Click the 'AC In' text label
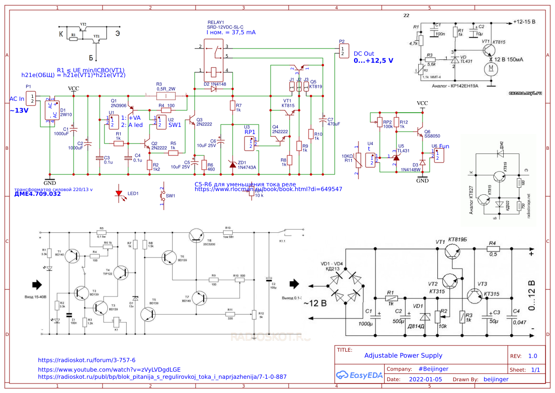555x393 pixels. click(17, 98)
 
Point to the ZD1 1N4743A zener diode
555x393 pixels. click(232, 164)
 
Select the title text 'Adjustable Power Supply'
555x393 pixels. click(403, 355)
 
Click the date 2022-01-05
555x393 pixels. click(425, 379)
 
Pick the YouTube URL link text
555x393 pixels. click(109, 369)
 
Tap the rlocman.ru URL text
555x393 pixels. click(268, 189)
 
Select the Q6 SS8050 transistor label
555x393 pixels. click(432, 134)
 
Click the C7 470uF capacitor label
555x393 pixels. click(334, 121)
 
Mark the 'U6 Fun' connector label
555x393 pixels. click(440, 146)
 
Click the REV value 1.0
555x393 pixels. click(532, 356)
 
